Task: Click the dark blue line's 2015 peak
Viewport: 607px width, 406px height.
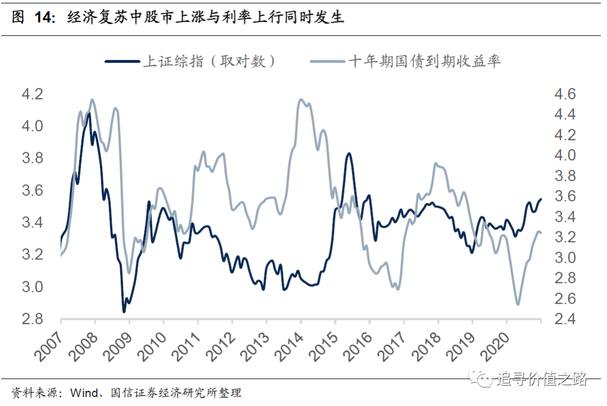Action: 348,153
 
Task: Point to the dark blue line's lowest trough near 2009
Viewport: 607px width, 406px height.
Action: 124,311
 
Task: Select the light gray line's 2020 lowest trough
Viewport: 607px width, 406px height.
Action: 518,304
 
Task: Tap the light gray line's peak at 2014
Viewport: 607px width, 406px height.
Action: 301,100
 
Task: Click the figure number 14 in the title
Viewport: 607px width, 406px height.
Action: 43,18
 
